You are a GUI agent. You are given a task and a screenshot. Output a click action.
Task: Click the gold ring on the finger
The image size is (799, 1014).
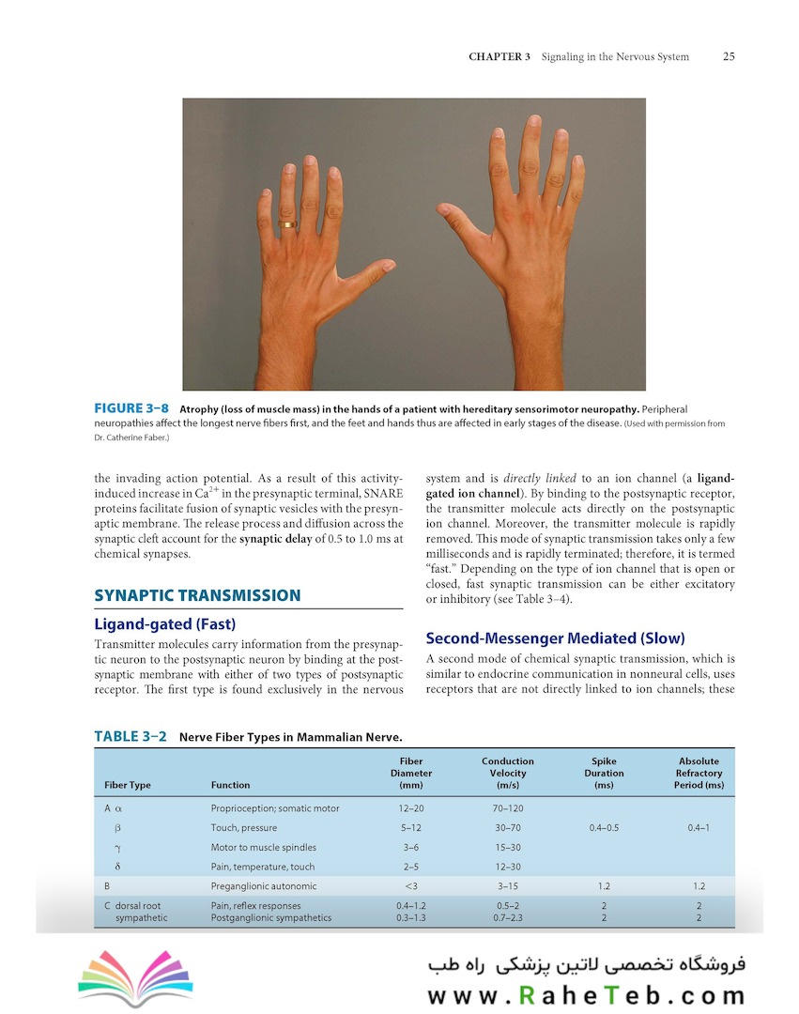click(290, 224)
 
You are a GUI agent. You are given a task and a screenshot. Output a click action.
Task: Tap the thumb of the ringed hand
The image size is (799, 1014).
click(371, 273)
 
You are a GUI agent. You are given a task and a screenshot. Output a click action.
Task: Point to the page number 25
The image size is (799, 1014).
click(729, 56)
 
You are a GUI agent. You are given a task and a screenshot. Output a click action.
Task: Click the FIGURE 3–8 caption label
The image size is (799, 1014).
click(131, 409)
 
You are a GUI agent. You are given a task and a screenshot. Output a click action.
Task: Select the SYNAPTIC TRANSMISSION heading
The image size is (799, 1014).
click(197, 595)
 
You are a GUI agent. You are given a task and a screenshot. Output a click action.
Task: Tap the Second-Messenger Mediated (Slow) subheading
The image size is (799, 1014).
click(555, 638)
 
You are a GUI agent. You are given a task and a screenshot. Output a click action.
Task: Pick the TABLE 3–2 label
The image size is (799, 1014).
click(130, 737)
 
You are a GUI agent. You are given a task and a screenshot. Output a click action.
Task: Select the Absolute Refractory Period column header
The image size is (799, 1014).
click(699, 773)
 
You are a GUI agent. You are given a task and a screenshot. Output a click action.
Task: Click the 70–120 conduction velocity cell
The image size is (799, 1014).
click(507, 808)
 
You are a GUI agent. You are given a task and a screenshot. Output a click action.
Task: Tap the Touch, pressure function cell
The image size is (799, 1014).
click(247, 828)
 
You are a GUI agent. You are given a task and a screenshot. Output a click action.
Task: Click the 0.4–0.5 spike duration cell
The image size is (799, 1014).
click(603, 828)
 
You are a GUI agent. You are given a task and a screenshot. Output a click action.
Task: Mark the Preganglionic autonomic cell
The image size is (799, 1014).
click(263, 886)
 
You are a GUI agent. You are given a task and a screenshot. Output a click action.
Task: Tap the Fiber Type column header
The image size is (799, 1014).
click(127, 785)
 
